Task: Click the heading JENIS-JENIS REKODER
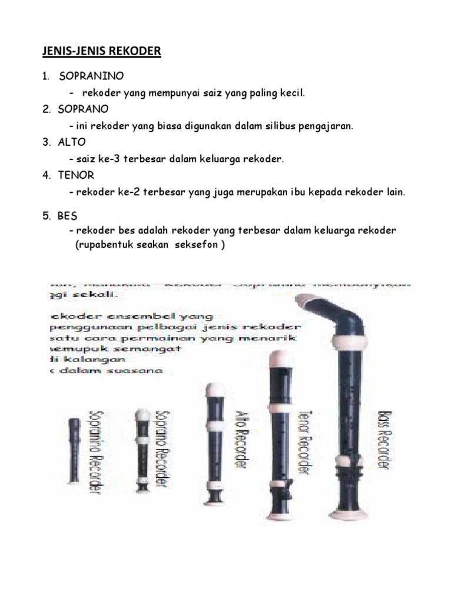[x=101, y=52]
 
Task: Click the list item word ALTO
[x=72, y=142]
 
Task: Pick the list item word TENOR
[x=76, y=175]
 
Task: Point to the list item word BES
[x=68, y=216]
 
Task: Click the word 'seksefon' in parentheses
[x=196, y=245]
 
